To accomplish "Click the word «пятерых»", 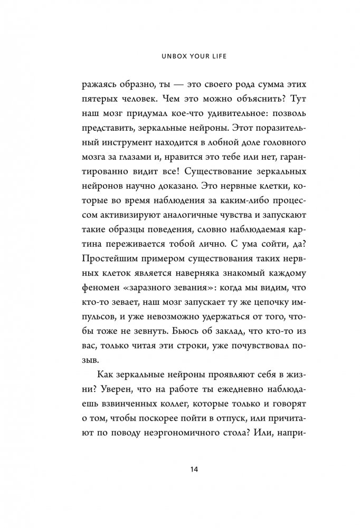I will click(101, 100).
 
